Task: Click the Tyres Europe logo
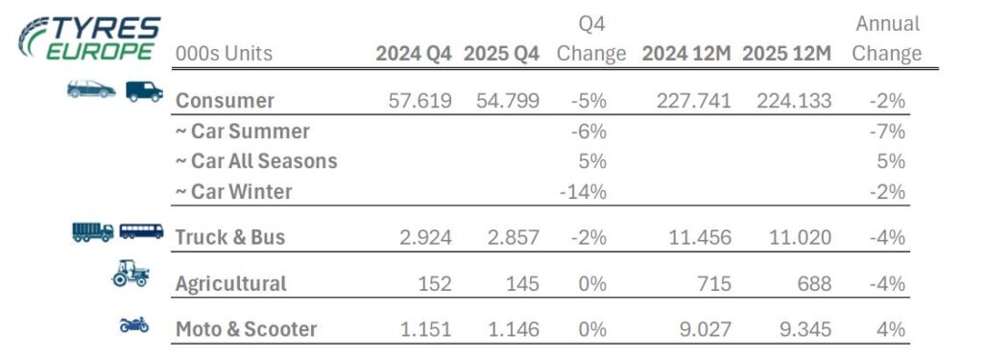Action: pyautogui.click(x=89, y=38)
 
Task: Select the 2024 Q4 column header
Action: pyautogui.click(x=414, y=54)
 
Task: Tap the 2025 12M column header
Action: pyautogui.click(x=786, y=54)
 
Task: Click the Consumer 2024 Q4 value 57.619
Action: pyautogui.click(x=414, y=100)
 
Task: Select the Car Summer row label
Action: pyautogui.click(x=243, y=131)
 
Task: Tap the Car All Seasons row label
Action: pyautogui.click(x=256, y=161)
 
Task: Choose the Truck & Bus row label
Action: pyautogui.click(x=230, y=237)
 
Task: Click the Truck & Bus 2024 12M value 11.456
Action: pyautogui.click(x=698, y=237)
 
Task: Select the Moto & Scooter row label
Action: pyautogui.click(x=246, y=329)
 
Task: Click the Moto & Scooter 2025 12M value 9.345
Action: pyautogui.click(x=800, y=329)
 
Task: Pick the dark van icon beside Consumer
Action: pyautogui.click(x=144, y=90)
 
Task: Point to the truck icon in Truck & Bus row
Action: pyautogui.click(x=93, y=231)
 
